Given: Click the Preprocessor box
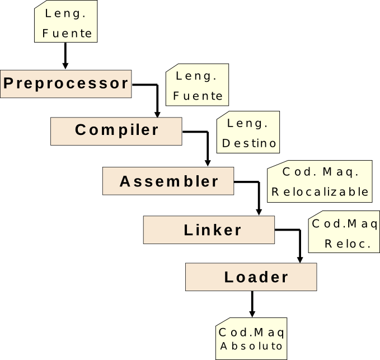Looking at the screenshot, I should point(66,84).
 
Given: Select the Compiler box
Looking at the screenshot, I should point(116,130).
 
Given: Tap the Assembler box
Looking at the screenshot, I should point(168,181).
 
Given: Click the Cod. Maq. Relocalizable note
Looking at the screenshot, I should point(320,181).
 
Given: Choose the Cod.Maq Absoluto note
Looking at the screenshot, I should point(252,339).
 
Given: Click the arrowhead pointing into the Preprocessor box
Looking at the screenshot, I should point(65,66).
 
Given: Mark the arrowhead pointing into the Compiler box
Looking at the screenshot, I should point(157,113).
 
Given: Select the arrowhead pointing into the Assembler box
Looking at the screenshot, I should point(208,163).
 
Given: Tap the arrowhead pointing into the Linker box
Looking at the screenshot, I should point(259,212).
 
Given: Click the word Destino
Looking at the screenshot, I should point(249,143).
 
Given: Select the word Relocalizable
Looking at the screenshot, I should point(320,192).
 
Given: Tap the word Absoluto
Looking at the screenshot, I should point(252,346).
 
